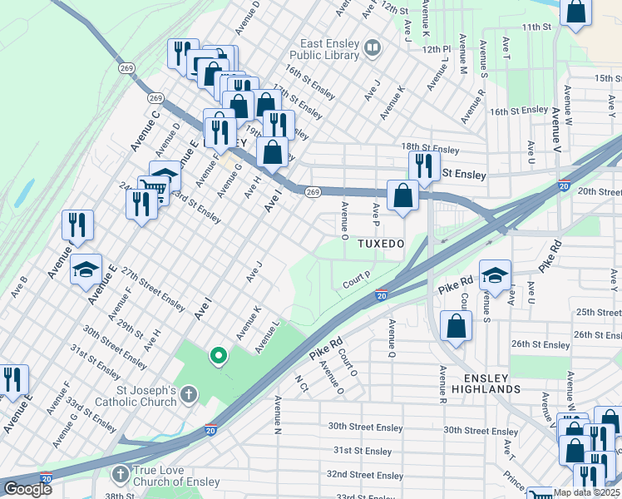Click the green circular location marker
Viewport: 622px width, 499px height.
(x=219, y=356)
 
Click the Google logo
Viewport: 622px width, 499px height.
(x=27, y=489)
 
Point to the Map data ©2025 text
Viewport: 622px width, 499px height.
(x=585, y=492)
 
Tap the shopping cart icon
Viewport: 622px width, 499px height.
(x=151, y=186)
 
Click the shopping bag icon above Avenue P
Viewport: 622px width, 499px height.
(x=402, y=196)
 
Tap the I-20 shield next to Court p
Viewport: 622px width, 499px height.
(x=381, y=295)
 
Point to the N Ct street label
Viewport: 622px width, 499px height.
(x=302, y=383)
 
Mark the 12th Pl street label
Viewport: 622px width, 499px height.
(x=434, y=50)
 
